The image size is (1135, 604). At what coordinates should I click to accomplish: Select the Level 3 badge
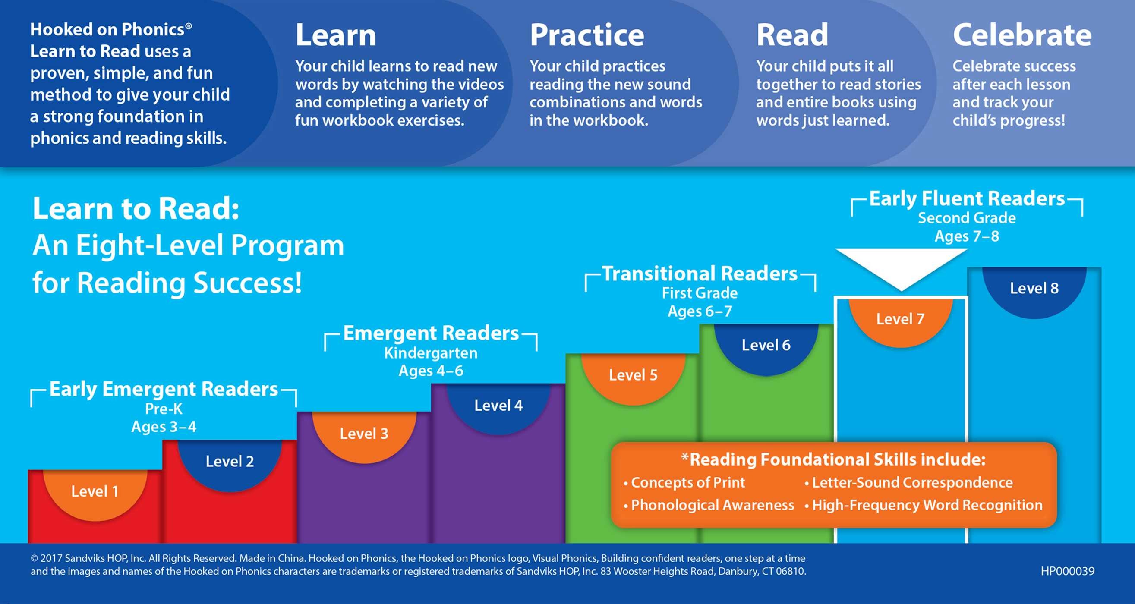[x=364, y=434]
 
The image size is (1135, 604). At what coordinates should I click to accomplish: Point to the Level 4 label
[x=498, y=405]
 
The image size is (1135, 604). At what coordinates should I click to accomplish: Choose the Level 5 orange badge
[x=633, y=375]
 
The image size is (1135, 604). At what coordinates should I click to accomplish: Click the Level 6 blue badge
[x=766, y=346]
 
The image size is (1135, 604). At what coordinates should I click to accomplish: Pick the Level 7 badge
[x=900, y=319]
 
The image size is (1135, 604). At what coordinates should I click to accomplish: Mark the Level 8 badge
[x=1034, y=289]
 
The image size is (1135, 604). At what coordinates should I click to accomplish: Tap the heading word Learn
[x=336, y=35]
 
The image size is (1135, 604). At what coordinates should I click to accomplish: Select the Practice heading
[x=587, y=35]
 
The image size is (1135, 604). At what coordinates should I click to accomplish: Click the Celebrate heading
[x=1022, y=35]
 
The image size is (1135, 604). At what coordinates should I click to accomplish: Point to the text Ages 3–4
[x=164, y=427]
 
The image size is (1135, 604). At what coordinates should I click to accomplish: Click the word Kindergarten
[x=430, y=353]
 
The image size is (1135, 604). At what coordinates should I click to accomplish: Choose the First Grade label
[x=700, y=293]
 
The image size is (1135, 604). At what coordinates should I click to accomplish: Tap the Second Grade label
[x=967, y=218]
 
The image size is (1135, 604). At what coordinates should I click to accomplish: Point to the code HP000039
[x=1067, y=571]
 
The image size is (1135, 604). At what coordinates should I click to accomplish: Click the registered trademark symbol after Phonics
[x=189, y=26]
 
